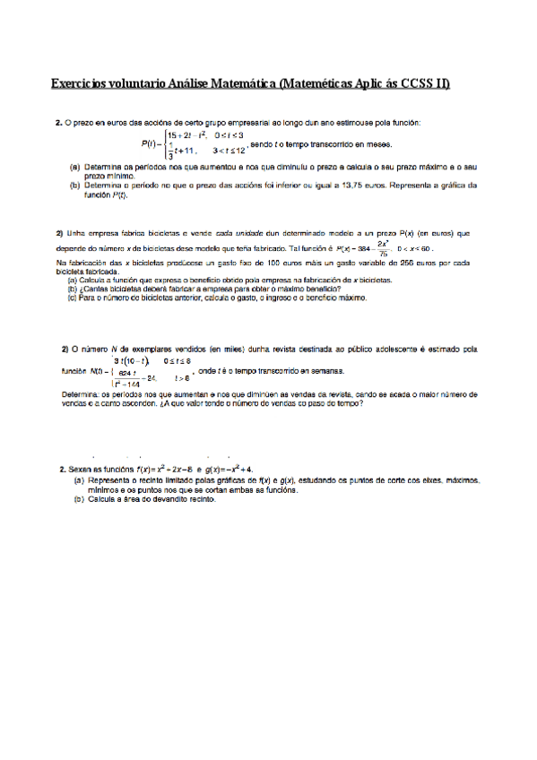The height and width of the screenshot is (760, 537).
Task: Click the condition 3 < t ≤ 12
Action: coord(230,152)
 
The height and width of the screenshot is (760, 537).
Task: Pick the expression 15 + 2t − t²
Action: coord(179,134)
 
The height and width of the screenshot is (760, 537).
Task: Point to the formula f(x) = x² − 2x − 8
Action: coord(162,469)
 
